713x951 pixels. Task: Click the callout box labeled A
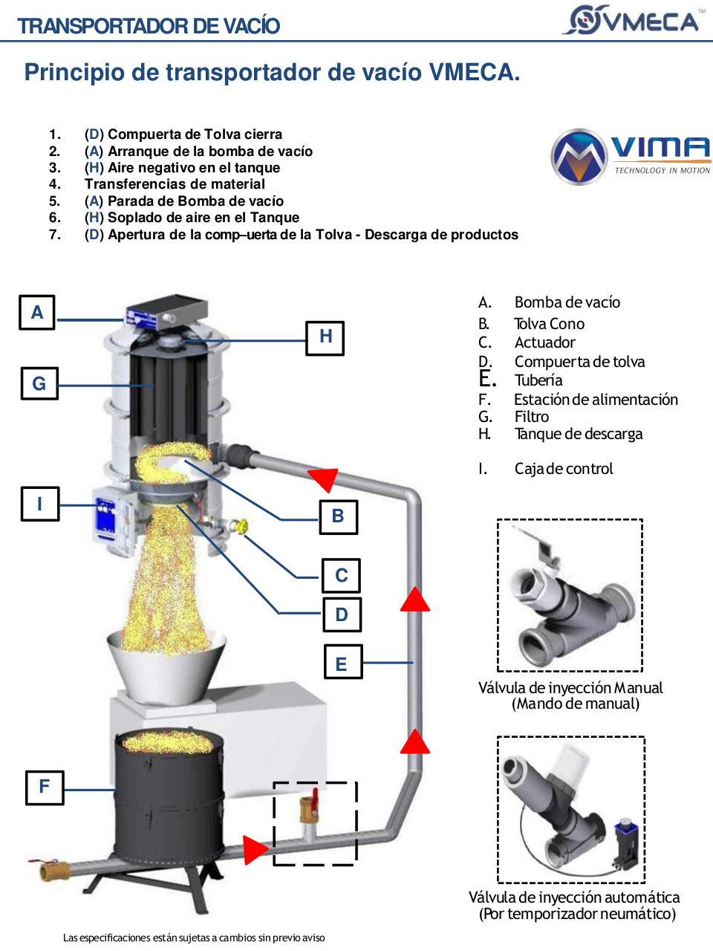click(x=37, y=313)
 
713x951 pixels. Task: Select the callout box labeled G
click(x=39, y=383)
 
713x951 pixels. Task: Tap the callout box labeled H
click(x=325, y=337)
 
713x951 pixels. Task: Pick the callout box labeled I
click(x=39, y=504)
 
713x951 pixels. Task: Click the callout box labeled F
click(x=44, y=786)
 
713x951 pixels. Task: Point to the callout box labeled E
click(x=342, y=663)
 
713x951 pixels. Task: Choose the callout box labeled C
click(x=342, y=576)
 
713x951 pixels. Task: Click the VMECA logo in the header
click(x=631, y=20)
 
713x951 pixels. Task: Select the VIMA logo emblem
click(x=578, y=156)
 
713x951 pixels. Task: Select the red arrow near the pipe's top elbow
click(x=324, y=480)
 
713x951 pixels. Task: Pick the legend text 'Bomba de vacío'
click(x=567, y=302)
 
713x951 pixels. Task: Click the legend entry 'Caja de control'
click(x=563, y=469)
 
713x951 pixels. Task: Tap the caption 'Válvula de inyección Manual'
click(x=570, y=688)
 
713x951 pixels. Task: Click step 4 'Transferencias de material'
click(x=175, y=184)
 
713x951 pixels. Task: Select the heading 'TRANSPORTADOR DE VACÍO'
click(x=149, y=26)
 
